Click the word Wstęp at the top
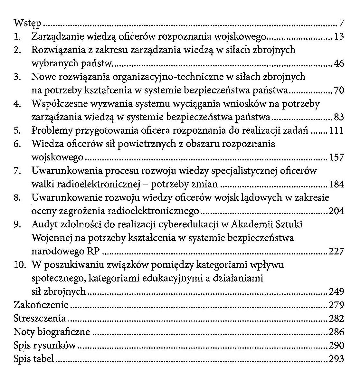[27, 24]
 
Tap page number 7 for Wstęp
[341, 24]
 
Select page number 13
[339, 37]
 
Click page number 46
[339, 64]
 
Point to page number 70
[339, 91]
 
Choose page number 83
[339, 117]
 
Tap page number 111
[337, 131]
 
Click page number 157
[337, 158]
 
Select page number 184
[337, 184]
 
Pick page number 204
[337, 211]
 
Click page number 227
[337, 251]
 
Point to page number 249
[337, 292]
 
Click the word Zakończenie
[41, 305]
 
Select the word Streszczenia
[40, 319]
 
